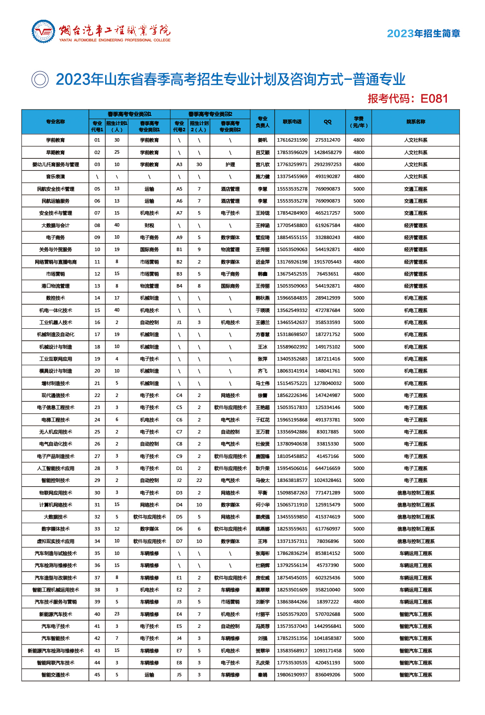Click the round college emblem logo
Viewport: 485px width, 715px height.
click(x=43, y=32)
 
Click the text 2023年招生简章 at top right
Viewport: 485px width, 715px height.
click(x=423, y=33)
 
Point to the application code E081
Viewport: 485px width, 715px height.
click(x=434, y=99)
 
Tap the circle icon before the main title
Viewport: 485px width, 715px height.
click(x=40, y=79)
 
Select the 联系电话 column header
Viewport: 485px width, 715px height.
click(x=292, y=122)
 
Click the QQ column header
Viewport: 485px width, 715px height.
click(x=327, y=122)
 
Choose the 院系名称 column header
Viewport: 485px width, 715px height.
click(x=415, y=122)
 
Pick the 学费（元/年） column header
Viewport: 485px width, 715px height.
click(x=359, y=122)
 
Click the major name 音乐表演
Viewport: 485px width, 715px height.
click(x=55, y=176)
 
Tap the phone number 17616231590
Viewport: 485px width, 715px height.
click(x=292, y=140)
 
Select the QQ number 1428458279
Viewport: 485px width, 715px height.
click(x=327, y=152)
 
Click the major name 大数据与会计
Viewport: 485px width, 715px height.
click(x=55, y=225)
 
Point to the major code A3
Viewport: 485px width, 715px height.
click(x=179, y=164)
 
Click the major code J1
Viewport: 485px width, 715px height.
click(x=179, y=322)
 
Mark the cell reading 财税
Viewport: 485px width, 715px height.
click(x=149, y=225)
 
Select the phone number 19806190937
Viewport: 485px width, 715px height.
click(x=292, y=675)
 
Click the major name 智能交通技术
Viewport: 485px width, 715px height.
click(x=55, y=675)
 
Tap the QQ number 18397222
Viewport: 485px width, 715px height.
click(x=327, y=602)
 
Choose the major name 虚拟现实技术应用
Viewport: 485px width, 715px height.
click(x=55, y=541)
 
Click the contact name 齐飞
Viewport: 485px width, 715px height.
click(x=263, y=371)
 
